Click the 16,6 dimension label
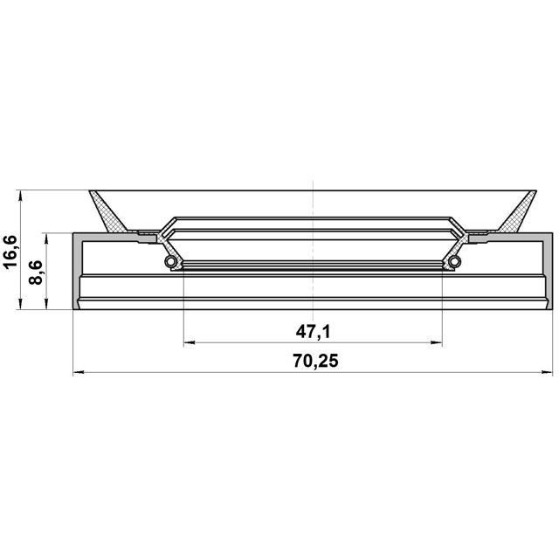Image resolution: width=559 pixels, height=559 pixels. pos(10,252)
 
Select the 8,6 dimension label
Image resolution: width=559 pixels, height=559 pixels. pos(36,273)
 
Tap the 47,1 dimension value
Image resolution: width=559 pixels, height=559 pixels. pos(313,332)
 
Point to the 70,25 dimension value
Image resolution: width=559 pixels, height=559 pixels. pos(315,361)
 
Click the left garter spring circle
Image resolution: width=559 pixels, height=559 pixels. pos(170,261)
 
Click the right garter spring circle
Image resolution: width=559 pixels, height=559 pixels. pos(454,261)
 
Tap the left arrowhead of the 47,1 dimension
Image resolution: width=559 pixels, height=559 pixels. pos(189,343)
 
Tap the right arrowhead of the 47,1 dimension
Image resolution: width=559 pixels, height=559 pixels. pos(437,343)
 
